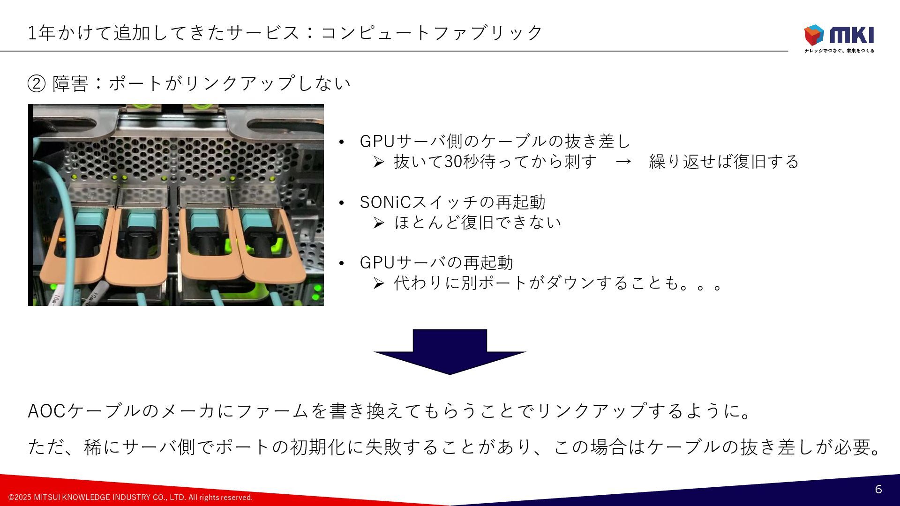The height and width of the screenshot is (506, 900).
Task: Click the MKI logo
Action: pyautogui.click(x=839, y=35)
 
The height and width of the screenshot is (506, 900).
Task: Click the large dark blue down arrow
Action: pyautogui.click(x=450, y=351)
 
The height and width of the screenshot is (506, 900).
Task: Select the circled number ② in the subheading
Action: pyautogui.click(x=37, y=84)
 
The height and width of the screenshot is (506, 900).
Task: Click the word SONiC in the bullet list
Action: pyautogui.click(x=385, y=202)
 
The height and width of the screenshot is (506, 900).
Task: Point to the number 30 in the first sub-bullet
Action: pyautogui.click(x=453, y=162)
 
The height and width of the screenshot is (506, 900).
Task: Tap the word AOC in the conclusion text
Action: pyautogui.click(x=46, y=411)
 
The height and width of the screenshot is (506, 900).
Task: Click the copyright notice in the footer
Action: pyautogui.click(x=130, y=497)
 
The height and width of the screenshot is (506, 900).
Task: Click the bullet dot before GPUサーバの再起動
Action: pyautogui.click(x=342, y=263)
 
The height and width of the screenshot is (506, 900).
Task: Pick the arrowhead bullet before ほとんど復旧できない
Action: pyautogui.click(x=379, y=223)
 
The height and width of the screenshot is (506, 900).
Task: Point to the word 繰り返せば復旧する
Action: pyautogui.click(x=724, y=162)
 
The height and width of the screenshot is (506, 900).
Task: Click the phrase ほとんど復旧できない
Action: pyautogui.click(x=478, y=223)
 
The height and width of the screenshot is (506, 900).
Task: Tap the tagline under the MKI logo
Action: pyautogui.click(x=839, y=51)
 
